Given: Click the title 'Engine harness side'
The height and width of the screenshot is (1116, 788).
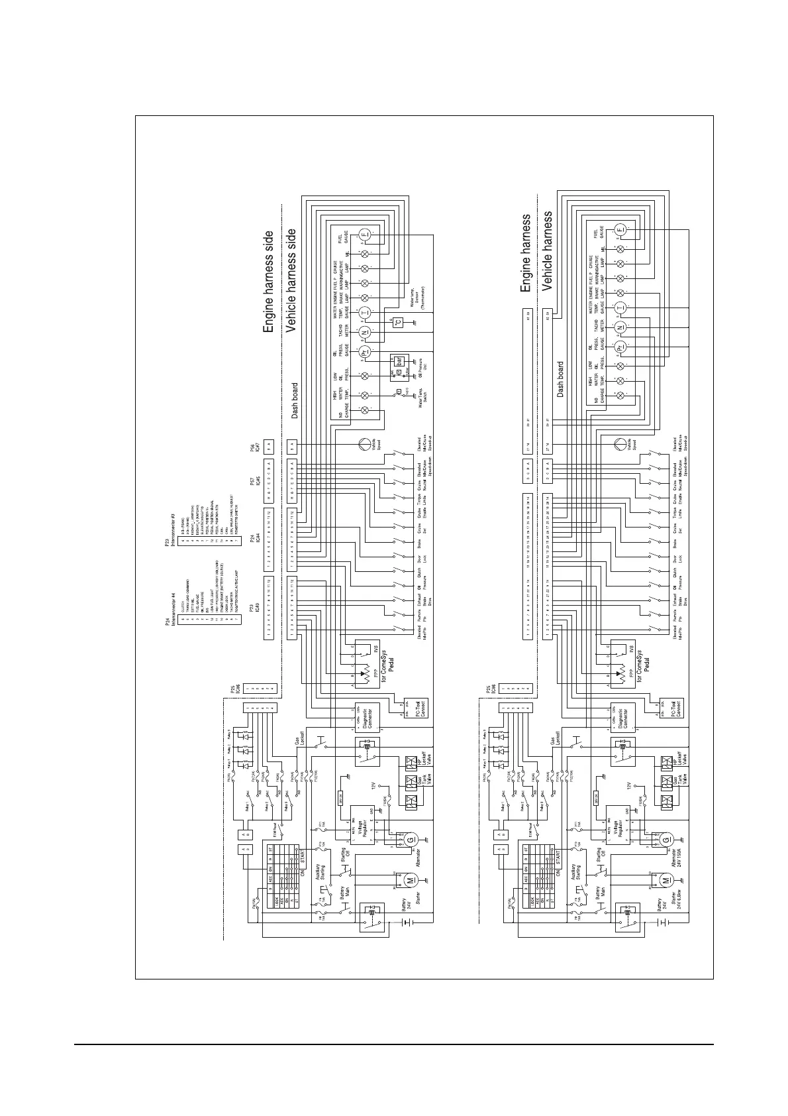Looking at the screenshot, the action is click(268, 282).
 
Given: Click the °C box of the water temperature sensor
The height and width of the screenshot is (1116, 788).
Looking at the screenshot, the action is click(397, 323).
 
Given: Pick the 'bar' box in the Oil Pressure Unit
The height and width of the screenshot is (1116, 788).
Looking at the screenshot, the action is click(399, 361).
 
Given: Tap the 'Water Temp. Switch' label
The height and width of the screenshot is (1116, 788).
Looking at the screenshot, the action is click(422, 396).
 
